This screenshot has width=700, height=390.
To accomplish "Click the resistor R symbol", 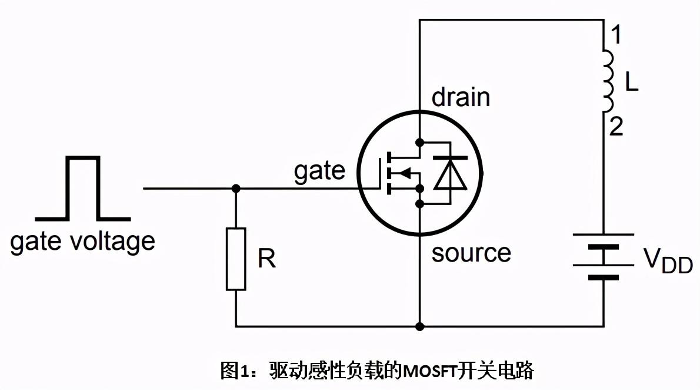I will pyautogui.click(x=236, y=259).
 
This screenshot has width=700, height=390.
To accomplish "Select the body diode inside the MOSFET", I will pyautogui.click(x=450, y=173).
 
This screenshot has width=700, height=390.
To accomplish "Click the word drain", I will pyautogui.click(x=461, y=97).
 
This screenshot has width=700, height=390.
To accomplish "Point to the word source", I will pyautogui.click(x=471, y=253).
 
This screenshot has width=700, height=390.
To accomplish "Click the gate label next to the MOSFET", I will pyautogui.click(x=319, y=171).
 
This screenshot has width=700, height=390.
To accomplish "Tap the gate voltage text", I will pyautogui.click(x=82, y=241).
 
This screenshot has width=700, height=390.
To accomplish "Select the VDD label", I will pyautogui.click(x=668, y=260).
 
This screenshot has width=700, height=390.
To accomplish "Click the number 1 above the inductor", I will pyautogui.click(x=615, y=37).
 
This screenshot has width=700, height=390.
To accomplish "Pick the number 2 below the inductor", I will pyautogui.click(x=616, y=127).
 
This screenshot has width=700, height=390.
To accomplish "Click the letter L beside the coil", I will pyautogui.click(x=631, y=83).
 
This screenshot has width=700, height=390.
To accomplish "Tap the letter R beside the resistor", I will pyautogui.click(x=266, y=259).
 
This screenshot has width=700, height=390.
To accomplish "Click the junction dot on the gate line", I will pyautogui.click(x=236, y=189).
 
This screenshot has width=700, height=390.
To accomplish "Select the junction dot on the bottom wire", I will pyautogui.click(x=419, y=326).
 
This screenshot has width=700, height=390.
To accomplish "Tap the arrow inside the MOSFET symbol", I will pyautogui.click(x=403, y=173).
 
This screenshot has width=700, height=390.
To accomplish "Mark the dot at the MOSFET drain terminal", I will pyautogui.click(x=419, y=142).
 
